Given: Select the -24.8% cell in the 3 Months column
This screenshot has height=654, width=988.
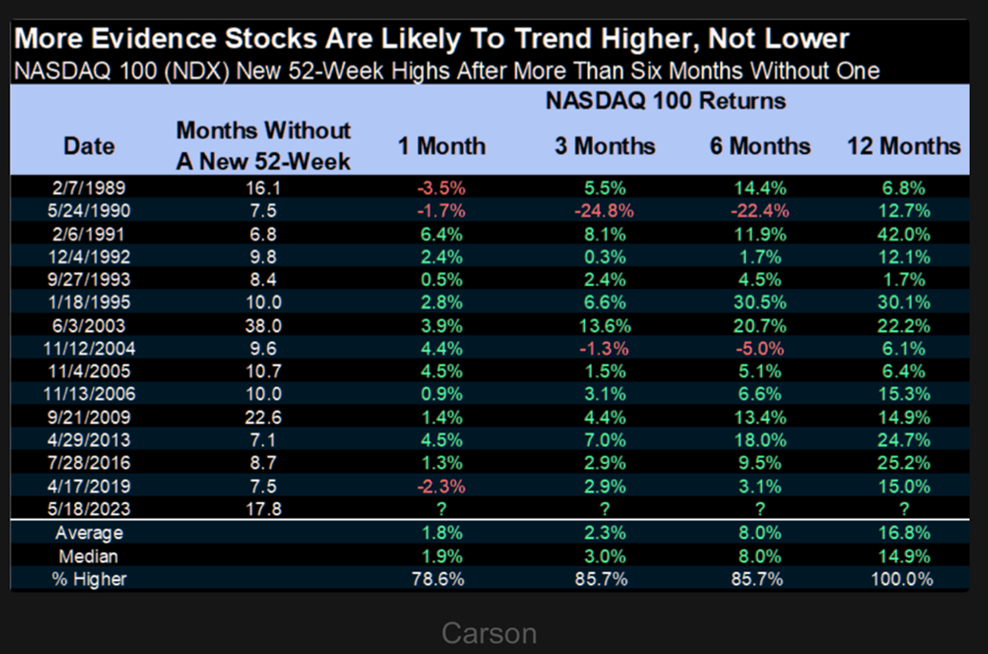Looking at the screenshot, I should pos(605,209).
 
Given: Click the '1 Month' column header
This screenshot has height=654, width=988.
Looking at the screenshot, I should pos(441,146).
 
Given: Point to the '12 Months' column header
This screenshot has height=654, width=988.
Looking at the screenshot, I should pos(903,146).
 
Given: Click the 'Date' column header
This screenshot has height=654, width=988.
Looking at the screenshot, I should pos(89,146).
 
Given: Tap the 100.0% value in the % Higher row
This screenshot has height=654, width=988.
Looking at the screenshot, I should pos(903,578).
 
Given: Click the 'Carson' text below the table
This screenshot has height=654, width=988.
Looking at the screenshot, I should pos(489,633).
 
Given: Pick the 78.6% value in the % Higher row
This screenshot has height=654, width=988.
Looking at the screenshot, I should pos(441,578).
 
